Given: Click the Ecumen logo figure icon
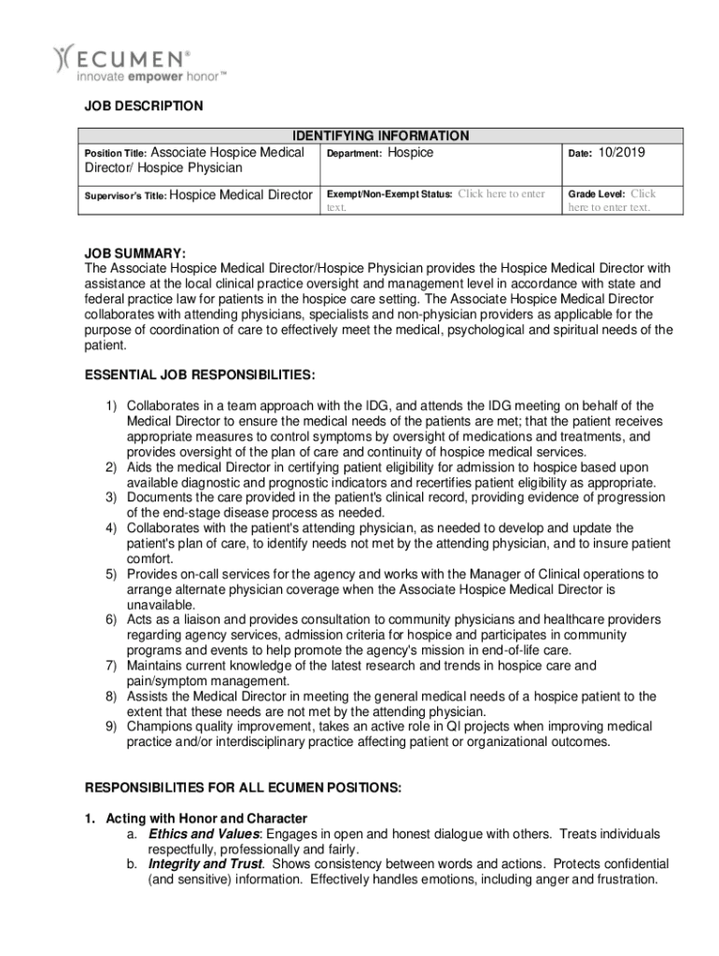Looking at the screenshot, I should pos(63,59).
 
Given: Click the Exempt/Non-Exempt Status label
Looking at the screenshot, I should pos(388,194).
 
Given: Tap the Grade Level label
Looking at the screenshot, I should pos(597,194).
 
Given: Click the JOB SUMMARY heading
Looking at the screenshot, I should pos(135,253).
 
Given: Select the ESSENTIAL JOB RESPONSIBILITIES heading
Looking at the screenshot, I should pos(200,375).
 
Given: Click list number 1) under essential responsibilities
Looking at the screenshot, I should pos(110,406).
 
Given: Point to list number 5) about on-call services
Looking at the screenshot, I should pos(110,573).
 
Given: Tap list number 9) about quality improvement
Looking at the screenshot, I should pos(110,725).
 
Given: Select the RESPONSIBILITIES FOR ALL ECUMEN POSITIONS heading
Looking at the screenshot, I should pos(243,788).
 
